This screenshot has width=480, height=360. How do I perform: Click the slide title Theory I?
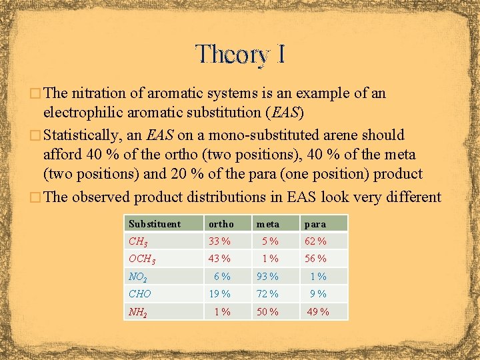(240, 55)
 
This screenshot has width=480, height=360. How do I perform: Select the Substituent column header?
(155, 224)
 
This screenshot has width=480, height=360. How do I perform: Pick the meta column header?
(267, 224)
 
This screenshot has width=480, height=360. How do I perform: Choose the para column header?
(315, 224)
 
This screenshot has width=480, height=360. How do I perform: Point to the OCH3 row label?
(143, 259)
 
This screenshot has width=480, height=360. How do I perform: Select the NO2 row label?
(139, 277)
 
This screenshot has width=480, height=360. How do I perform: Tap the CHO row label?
(140, 294)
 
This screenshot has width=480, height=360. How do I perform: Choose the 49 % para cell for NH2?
(317, 312)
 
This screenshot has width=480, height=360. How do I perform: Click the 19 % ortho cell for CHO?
(219, 294)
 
